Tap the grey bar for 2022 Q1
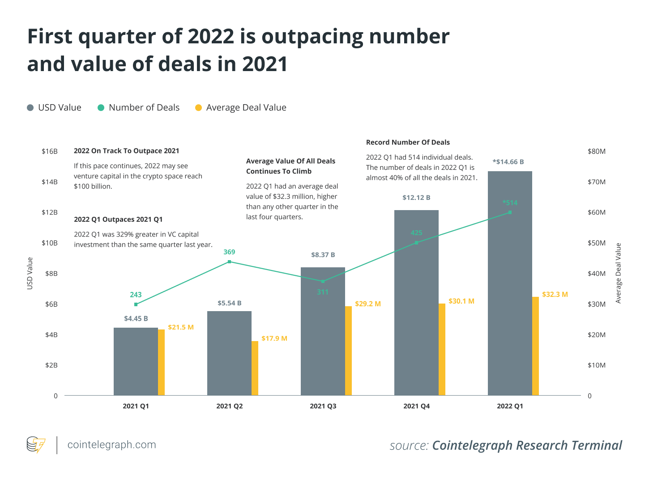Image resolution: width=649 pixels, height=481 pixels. [x=510, y=286]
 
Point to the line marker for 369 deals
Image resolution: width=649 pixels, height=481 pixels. [x=229, y=262]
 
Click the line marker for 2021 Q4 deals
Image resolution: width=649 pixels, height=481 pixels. [x=416, y=243]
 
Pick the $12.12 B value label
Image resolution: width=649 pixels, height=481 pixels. [x=416, y=198]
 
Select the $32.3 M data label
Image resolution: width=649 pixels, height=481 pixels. [x=555, y=295]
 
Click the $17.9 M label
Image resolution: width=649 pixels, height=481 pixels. [x=274, y=338]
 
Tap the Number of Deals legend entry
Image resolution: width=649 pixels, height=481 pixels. [x=139, y=108]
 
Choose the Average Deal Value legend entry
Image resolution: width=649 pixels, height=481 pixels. [x=241, y=108]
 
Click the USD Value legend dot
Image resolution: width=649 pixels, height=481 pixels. [x=30, y=108]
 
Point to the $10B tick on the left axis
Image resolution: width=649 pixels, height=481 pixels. [x=50, y=243]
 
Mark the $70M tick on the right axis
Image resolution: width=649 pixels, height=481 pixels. [x=597, y=182]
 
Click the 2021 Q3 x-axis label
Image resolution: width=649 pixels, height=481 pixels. [x=323, y=406]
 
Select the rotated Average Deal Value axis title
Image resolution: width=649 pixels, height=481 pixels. [x=619, y=273]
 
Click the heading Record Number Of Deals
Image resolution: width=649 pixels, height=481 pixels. [x=408, y=143]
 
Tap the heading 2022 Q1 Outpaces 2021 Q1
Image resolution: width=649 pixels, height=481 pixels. [x=118, y=219]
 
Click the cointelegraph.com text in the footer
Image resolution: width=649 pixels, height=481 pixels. [x=111, y=445]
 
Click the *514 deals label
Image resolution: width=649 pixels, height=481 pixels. [x=510, y=203]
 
